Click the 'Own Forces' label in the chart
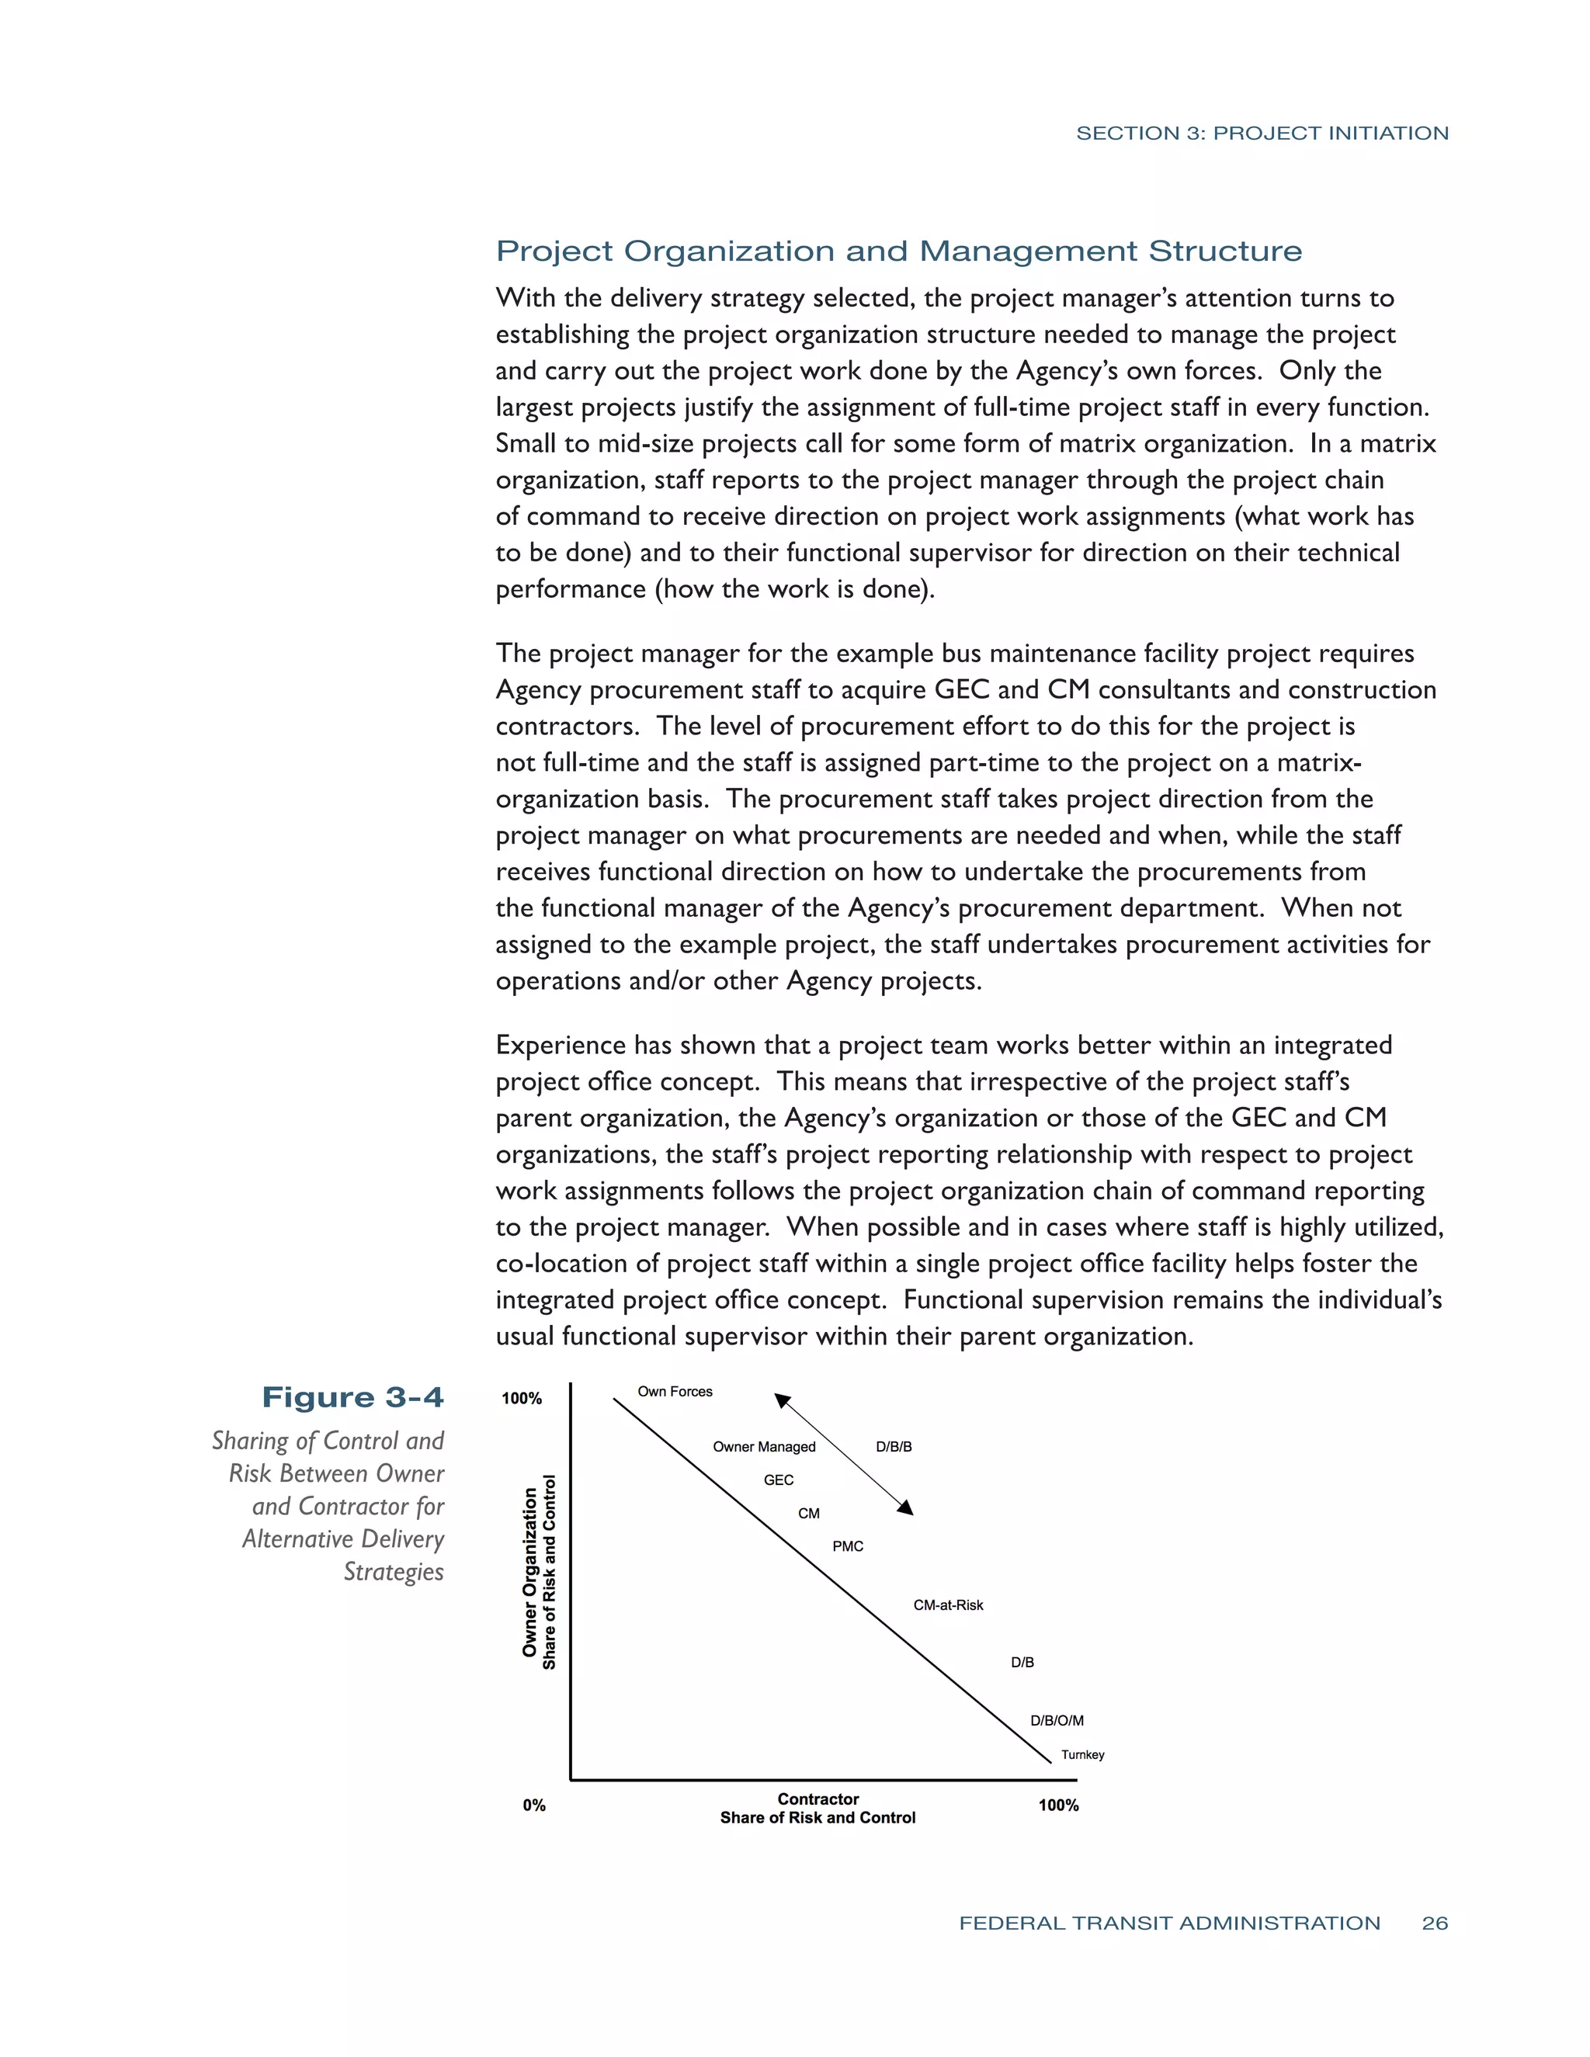[675, 1391]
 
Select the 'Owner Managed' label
[763, 1447]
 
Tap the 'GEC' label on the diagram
[778, 1479]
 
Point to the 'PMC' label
[848, 1545]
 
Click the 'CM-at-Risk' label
[948, 1605]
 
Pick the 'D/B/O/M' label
[1056, 1720]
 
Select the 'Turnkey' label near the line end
[1082, 1755]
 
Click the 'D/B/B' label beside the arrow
[893, 1447]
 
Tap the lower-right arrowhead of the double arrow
[906, 1508]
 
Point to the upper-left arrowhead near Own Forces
[782, 1400]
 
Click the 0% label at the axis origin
[534, 1805]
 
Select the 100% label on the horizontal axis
[1058, 1805]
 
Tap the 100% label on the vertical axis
[521, 1399]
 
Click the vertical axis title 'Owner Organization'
[530, 1573]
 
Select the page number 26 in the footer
[1435, 1923]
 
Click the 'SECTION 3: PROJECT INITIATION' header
[1262, 133]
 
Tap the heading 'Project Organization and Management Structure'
[898, 251]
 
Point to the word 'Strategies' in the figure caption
[393, 1572]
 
